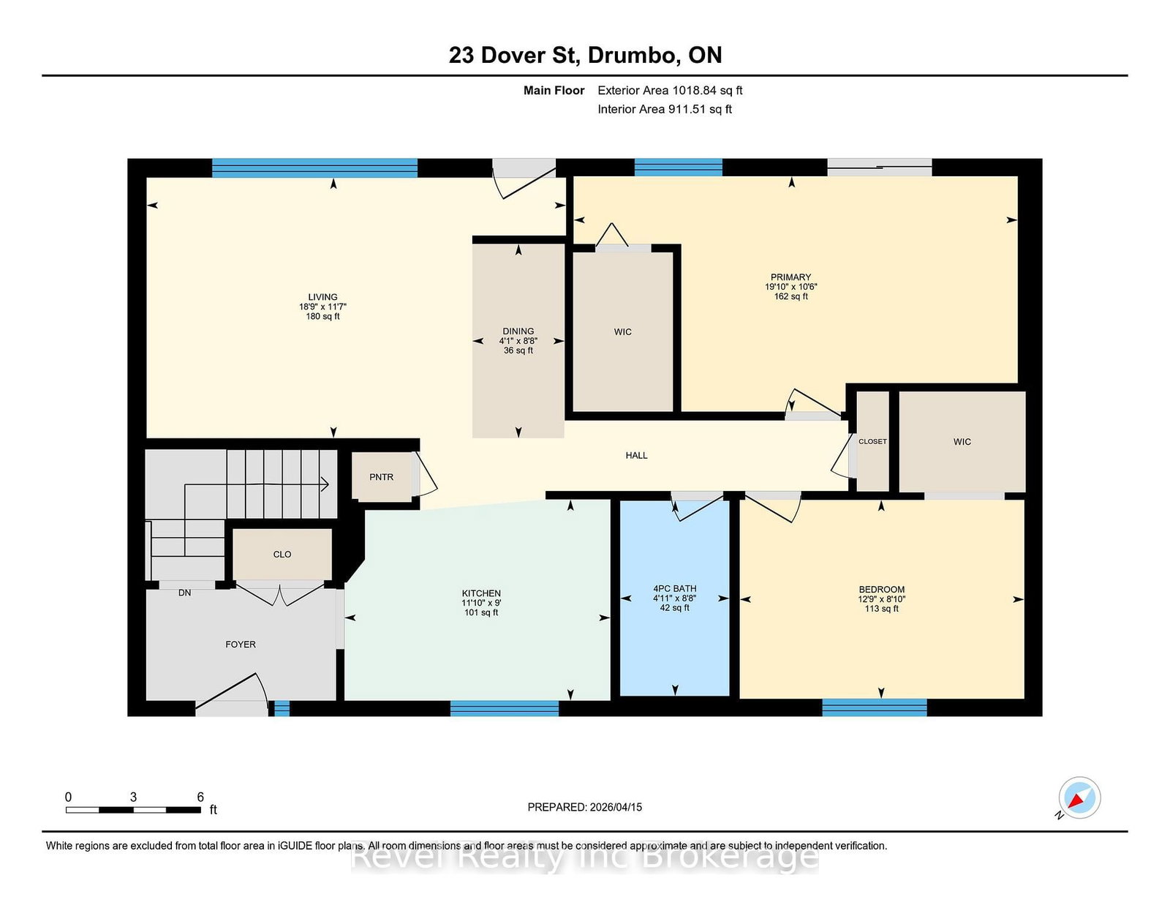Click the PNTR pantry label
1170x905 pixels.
point(381,477)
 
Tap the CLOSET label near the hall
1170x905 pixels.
point(872,441)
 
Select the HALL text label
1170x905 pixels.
point(636,456)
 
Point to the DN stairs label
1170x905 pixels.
point(185,593)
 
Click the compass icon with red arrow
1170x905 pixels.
point(1079,797)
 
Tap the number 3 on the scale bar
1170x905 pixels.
point(133,797)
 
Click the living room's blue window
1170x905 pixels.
point(314,168)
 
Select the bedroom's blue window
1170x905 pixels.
point(875,707)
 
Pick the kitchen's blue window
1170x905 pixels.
point(505,708)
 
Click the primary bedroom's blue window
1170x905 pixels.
point(679,168)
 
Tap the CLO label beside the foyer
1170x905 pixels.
point(282,555)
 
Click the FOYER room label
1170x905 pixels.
point(241,645)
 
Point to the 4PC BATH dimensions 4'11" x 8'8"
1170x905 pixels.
point(675,598)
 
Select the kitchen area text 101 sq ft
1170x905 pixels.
point(481,612)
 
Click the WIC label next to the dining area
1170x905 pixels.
point(622,332)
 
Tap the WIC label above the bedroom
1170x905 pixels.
point(962,442)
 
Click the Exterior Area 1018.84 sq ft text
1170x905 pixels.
point(670,91)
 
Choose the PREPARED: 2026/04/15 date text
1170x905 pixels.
point(585,807)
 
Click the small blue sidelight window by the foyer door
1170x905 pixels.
point(282,708)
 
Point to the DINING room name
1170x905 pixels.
point(518,331)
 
